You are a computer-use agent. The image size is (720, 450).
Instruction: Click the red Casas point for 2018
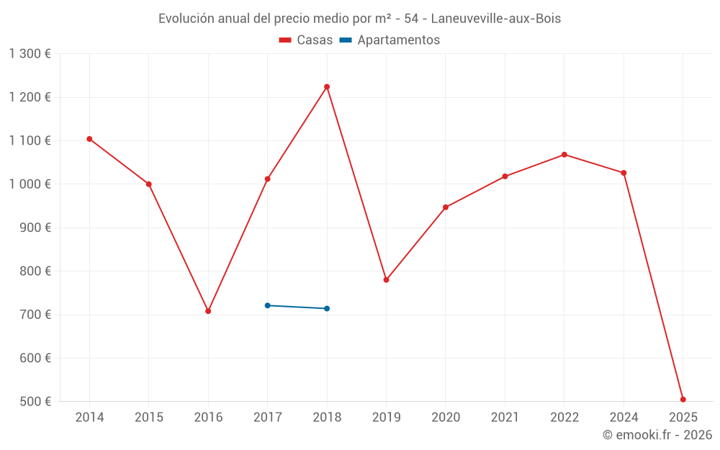[327, 87]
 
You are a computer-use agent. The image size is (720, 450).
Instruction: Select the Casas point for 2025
[683, 400]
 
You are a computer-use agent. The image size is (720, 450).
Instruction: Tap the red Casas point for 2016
[208, 311]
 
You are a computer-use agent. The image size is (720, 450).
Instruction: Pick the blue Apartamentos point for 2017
[267, 305]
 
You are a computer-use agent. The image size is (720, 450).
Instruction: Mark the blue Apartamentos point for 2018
[327, 309]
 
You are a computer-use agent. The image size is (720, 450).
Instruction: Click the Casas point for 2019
[386, 280]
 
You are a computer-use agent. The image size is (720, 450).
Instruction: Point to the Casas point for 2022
[564, 155]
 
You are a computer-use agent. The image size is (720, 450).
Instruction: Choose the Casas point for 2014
[89, 139]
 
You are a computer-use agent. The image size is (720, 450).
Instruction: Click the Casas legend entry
[306, 40]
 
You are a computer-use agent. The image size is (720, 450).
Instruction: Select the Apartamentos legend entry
[390, 40]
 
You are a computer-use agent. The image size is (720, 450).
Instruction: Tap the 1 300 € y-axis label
[30, 54]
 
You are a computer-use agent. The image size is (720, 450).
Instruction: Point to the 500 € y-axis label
[35, 402]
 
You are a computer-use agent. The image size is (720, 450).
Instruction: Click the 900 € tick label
[35, 228]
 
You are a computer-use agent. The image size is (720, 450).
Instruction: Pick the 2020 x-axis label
[446, 418]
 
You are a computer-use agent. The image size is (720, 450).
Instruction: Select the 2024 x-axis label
[624, 418]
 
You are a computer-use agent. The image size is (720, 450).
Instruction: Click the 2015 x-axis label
[149, 418]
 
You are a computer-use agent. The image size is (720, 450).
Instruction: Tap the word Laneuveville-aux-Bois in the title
[495, 19]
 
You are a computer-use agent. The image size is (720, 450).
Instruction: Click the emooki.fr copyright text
[657, 435]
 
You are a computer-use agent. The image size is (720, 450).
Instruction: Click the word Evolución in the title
[186, 19]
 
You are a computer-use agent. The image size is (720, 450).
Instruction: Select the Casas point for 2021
[505, 176]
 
